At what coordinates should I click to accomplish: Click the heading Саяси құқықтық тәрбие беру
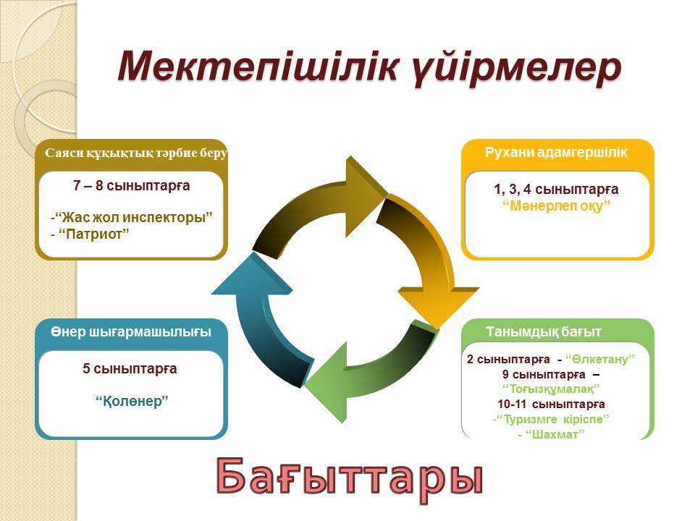137,153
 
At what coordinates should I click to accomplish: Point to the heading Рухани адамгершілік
556,152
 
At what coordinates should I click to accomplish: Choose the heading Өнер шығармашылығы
131,332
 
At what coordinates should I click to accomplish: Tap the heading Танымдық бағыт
543,332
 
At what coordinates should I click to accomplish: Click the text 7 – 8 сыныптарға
131,185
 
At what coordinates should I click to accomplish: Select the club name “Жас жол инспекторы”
136,218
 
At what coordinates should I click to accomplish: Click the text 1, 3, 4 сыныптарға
556,190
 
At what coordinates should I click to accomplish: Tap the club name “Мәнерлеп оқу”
557,206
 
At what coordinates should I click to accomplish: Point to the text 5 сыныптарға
130,368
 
